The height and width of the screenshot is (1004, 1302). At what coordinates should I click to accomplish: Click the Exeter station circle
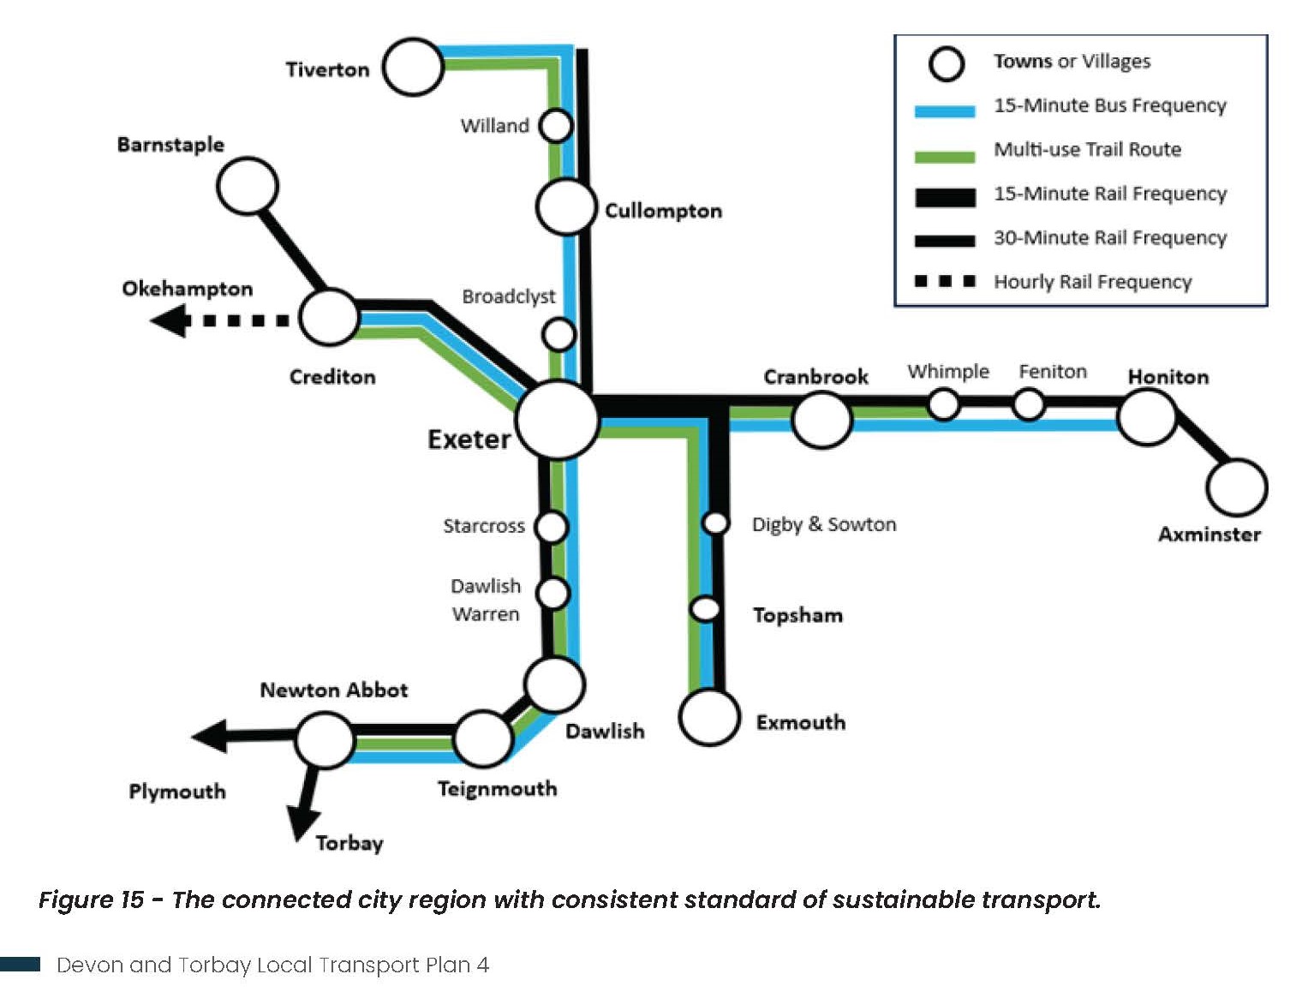[558, 421]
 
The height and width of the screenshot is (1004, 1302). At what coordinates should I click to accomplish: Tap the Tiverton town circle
[413, 67]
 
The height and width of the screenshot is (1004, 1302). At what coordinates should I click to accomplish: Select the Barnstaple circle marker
[248, 186]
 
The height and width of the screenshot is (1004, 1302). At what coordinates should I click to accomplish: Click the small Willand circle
[556, 125]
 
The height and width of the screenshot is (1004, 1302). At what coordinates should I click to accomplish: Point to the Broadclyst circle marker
[559, 334]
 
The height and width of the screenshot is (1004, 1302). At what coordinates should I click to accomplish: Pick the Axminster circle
[1236, 487]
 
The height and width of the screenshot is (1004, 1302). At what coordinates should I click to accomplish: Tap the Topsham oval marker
[706, 608]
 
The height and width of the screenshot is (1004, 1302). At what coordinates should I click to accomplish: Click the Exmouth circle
[709, 717]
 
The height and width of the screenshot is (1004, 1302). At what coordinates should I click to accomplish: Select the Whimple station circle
[944, 403]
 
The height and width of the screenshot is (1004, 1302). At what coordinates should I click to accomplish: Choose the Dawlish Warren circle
[552, 593]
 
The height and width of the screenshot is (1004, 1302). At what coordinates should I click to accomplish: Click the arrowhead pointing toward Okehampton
[170, 321]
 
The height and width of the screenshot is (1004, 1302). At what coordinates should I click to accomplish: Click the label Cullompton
[663, 211]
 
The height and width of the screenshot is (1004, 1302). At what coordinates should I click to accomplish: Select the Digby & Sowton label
[824, 524]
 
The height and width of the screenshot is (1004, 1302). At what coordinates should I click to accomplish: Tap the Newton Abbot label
[334, 690]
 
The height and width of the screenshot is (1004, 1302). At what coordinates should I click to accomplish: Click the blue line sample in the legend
[945, 111]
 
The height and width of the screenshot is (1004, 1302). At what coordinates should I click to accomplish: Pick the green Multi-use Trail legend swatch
[945, 156]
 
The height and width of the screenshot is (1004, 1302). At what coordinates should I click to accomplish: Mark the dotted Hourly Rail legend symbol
[945, 281]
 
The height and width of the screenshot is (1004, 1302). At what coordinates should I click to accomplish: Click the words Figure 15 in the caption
[91, 899]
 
